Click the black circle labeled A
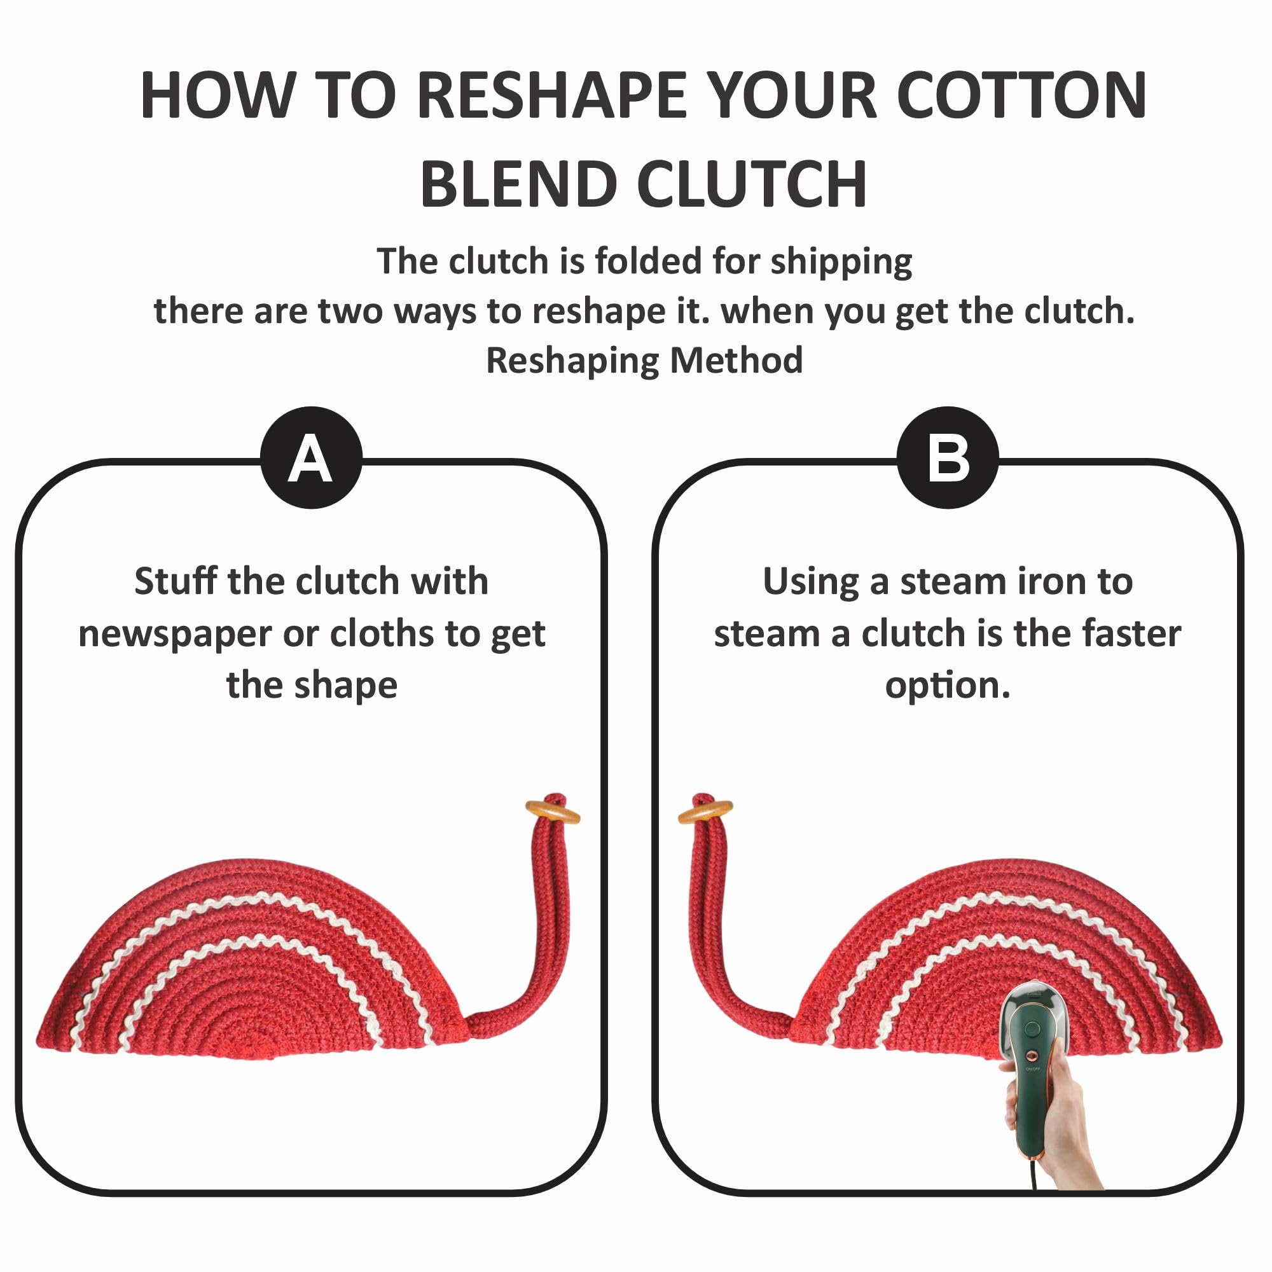click(312, 457)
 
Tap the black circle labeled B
click(948, 457)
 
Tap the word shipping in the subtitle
click(841, 263)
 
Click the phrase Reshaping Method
click(644, 360)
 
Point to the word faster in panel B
click(1131, 633)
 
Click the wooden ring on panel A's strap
click(553, 812)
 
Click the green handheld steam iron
click(1030, 1080)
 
